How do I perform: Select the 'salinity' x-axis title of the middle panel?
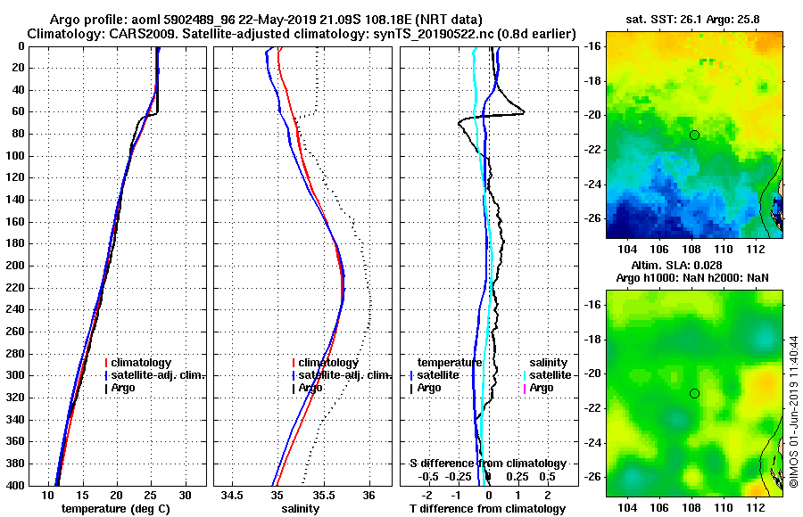(x=301, y=509)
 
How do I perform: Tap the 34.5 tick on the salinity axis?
(x=234, y=495)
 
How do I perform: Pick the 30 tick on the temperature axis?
(x=186, y=495)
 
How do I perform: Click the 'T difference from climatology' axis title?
(x=487, y=509)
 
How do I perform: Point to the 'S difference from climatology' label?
(x=487, y=464)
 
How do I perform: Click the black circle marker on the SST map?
(x=694, y=135)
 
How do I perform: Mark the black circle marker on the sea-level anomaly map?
(x=694, y=393)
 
